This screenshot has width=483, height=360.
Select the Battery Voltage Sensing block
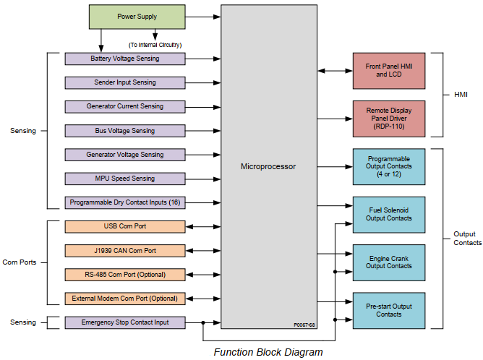pos(124,59)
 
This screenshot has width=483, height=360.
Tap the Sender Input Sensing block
pos(124,82)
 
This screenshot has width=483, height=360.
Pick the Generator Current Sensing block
pos(124,106)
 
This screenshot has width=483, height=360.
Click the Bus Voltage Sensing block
pos(124,131)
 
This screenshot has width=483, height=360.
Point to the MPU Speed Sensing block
pos(124,179)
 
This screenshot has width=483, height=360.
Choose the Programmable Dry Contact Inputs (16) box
pos(124,202)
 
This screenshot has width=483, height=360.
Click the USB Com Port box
pos(124,226)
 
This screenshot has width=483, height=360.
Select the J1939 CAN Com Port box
pos(124,251)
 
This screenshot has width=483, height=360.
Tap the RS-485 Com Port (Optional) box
pos(124,275)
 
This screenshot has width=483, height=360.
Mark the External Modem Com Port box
pos(124,299)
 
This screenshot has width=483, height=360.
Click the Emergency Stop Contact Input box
pos(124,322)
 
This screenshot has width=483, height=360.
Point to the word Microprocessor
pos(268,166)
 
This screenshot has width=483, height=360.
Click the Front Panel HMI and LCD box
pos(389,70)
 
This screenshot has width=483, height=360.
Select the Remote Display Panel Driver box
pos(389,119)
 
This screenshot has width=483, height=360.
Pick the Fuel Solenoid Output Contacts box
pos(389,214)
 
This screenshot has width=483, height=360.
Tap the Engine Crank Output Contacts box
pos(389,262)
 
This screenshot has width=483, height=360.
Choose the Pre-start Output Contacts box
pos(389,310)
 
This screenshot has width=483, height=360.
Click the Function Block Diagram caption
pos(268,352)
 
